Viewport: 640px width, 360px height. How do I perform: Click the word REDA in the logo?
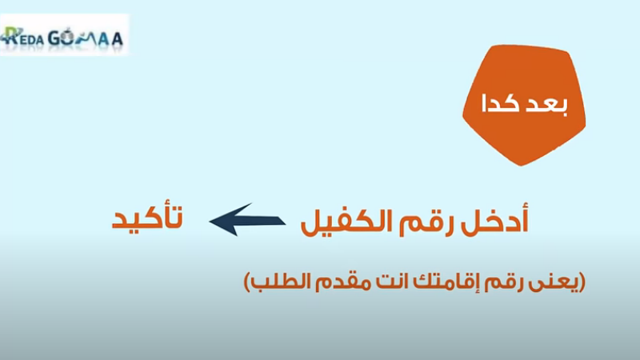coord(22,37)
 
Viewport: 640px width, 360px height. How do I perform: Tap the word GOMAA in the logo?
coord(86,38)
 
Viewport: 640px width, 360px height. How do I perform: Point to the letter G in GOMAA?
coord(55,38)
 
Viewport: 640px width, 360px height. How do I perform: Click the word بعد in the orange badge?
coord(547,104)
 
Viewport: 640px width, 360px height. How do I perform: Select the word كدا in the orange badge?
coord(501,104)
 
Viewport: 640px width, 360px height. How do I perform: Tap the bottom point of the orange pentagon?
coord(522,166)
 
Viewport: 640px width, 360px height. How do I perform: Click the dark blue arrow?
coord(247,220)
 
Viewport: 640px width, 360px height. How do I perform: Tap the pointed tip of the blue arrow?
coord(210,222)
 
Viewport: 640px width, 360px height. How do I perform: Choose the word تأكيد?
coord(148,218)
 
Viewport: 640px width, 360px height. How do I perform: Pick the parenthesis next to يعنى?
coord(582,282)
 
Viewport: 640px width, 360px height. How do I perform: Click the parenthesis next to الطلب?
coord(247,282)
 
